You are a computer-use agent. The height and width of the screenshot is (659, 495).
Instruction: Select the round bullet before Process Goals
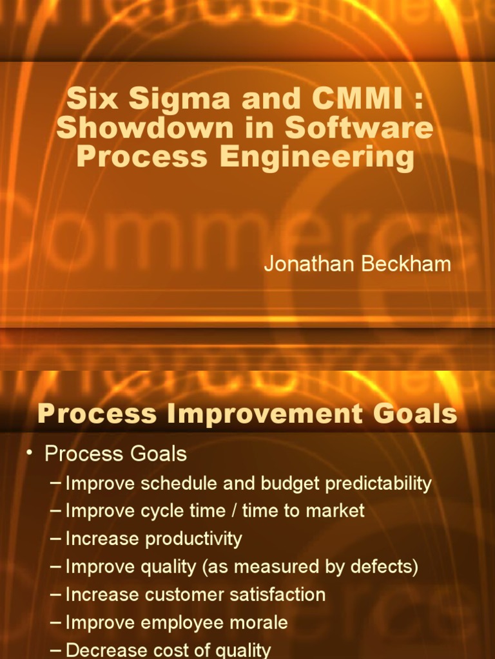pyautogui.click(x=30, y=453)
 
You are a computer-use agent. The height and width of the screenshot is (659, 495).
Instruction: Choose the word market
pyautogui.click(x=336, y=511)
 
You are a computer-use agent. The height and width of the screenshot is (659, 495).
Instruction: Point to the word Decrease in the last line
pyautogui.click(x=106, y=651)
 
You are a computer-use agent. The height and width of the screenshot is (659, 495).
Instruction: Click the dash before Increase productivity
pyautogui.click(x=57, y=539)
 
